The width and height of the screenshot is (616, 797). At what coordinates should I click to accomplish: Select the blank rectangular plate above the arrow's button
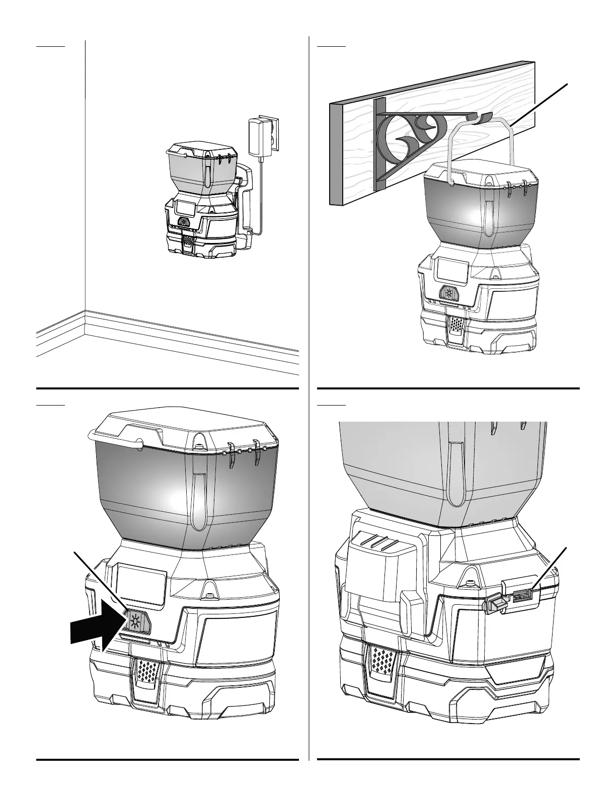tap(141, 584)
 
